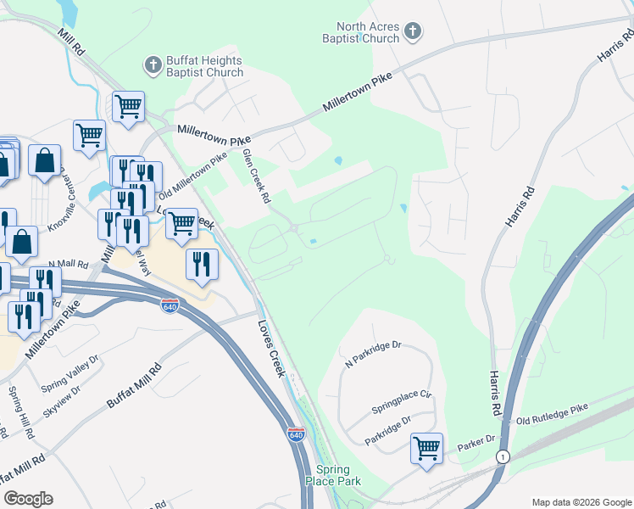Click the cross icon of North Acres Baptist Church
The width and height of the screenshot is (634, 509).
coord(412,32)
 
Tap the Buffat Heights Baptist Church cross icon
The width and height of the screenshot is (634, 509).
coord(153,64)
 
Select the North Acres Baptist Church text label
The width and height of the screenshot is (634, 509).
coord(361,32)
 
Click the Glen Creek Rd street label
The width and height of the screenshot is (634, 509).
coord(256,176)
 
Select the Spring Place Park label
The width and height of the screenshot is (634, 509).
coord(338,475)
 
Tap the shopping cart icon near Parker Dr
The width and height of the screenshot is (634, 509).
coord(426,447)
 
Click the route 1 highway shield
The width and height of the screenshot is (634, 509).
coord(503,456)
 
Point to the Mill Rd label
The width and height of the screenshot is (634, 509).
coord(72,42)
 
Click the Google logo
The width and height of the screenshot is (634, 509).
coord(28,499)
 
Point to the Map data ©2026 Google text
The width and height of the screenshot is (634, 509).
coord(581,502)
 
